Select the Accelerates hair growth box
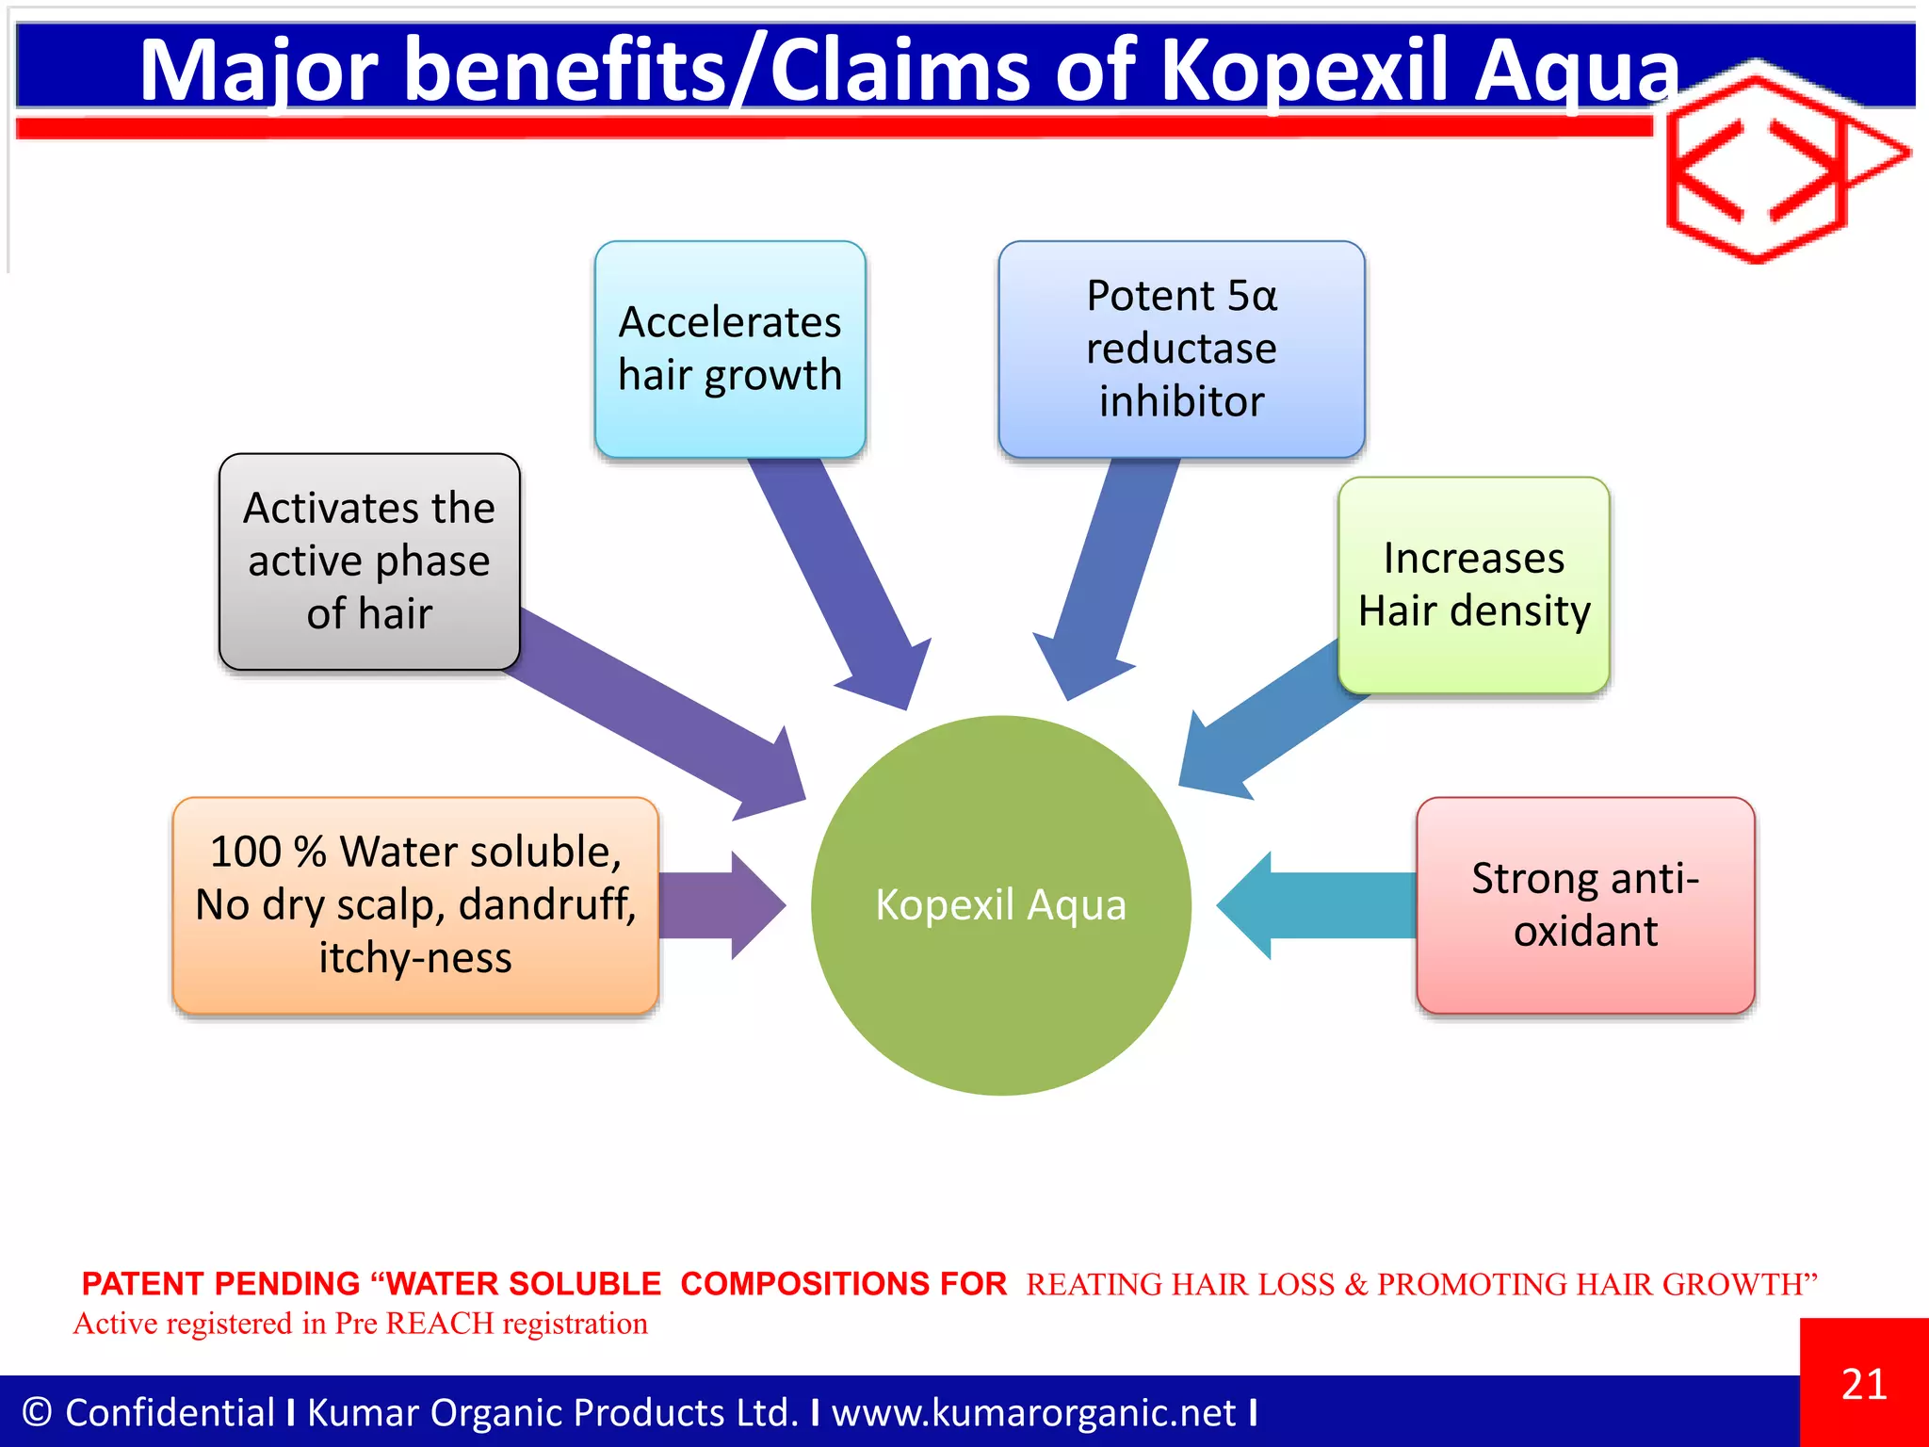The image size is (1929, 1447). coord(730,350)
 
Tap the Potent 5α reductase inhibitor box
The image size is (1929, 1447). coord(1181,350)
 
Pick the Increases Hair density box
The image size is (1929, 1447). coord(1473,585)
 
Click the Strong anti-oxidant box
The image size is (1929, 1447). coord(1585,905)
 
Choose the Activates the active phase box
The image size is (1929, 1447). coord(369,561)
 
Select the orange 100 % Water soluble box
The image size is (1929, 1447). coord(415,905)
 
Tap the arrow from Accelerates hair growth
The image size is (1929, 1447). coord(838,575)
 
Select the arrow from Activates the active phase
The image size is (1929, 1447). coord(659,716)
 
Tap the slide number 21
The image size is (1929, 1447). coord(1864,1384)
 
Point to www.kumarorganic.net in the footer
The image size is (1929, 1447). coord(1033,1412)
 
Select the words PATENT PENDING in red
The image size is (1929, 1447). coord(220,1284)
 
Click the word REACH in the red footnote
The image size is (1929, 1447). coord(439,1324)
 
